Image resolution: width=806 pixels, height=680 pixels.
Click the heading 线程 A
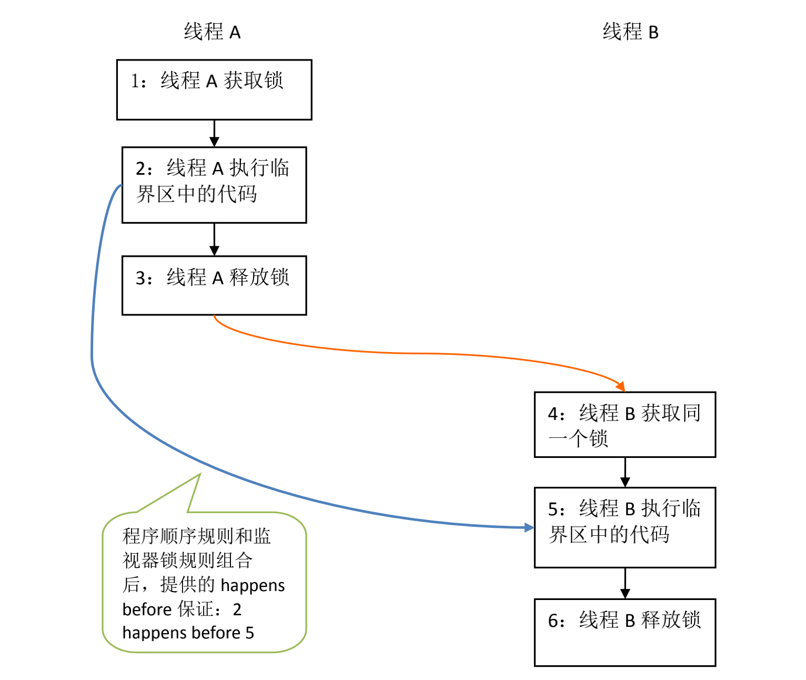click(x=212, y=31)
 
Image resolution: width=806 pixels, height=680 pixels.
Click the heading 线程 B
click(x=630, y=31)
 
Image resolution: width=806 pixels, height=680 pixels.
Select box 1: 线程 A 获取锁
click(x=214, y=89)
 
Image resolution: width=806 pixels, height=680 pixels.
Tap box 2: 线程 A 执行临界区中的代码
click(x=214, y=185)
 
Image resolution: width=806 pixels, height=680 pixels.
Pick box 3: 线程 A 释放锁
click(x=214, y=285)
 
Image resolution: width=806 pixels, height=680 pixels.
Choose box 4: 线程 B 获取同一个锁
click(x=625, y=424)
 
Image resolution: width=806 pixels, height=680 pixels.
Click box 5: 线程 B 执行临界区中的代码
click(x=625, y=527)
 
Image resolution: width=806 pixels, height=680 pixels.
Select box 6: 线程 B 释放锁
click(x=625, y=633)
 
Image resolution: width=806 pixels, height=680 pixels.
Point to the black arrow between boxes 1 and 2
click(x=214, y=133)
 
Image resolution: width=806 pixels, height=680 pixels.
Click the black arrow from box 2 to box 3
click(x=214, y=239)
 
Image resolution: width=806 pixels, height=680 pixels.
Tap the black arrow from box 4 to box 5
click(x=625, y=472)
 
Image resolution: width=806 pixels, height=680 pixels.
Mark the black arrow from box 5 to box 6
click(x=625, y=583)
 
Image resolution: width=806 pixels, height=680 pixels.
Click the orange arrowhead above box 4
click(x=621, y=386)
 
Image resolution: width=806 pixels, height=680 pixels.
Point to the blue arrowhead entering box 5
click(x=529, y=527)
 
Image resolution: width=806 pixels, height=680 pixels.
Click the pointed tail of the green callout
click(x=200, y=474)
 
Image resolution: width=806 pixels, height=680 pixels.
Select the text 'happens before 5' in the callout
click(x=188, y=633)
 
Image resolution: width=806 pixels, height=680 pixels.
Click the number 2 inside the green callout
click(x=237, y=609)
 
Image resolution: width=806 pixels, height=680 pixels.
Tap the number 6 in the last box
click(x=552, y=621)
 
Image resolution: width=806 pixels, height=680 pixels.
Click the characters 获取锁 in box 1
click(x=253, y=81)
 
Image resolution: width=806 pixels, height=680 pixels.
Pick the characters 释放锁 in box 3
click(x=259, y=277)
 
